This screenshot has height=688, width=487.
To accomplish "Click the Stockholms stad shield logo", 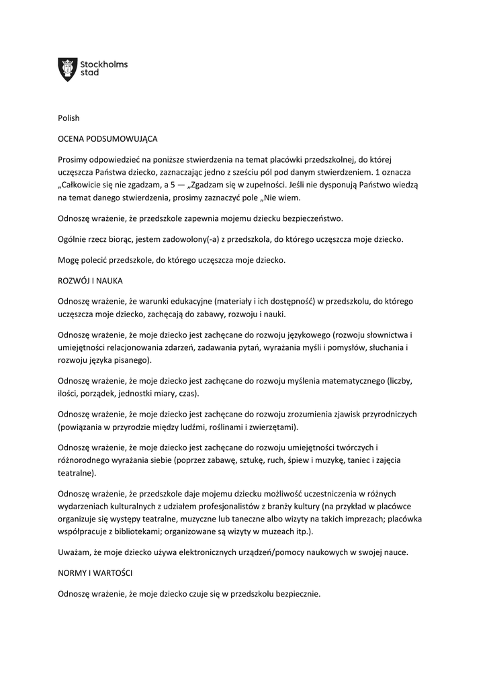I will (68, 69).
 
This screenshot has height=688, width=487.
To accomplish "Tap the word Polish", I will (69, 118).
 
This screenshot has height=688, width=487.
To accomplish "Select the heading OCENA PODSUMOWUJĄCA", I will (107, 139).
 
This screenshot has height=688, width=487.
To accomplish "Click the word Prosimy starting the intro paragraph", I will (73, 160).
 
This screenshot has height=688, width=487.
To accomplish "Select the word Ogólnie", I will (74, 239).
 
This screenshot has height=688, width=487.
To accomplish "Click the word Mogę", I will (69, 259).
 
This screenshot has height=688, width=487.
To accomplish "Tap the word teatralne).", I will (75, 472).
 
